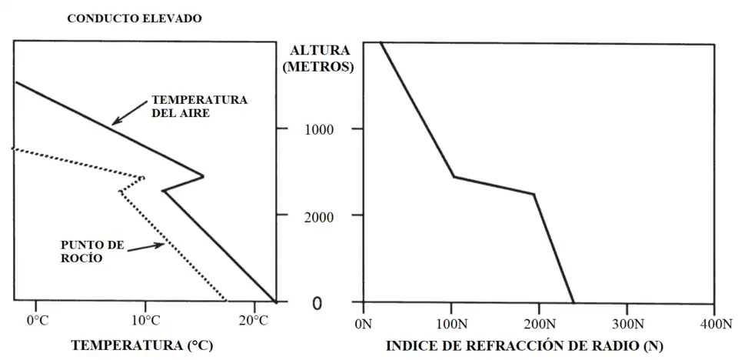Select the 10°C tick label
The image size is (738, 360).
[x=145, y=319]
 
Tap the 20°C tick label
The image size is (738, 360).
[x=254, y=319]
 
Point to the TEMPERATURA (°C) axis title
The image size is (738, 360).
[x=142, y=345]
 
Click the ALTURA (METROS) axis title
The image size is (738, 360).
[x=318, y=58]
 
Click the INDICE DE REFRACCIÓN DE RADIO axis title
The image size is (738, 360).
[x=524, y=345]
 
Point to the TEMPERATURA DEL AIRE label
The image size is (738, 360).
[x=198, y=106]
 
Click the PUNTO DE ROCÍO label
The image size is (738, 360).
[x=92, y=252]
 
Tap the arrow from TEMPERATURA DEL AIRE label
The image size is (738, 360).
[x=131, y=113]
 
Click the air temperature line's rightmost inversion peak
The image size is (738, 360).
[x=203, y=176]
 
